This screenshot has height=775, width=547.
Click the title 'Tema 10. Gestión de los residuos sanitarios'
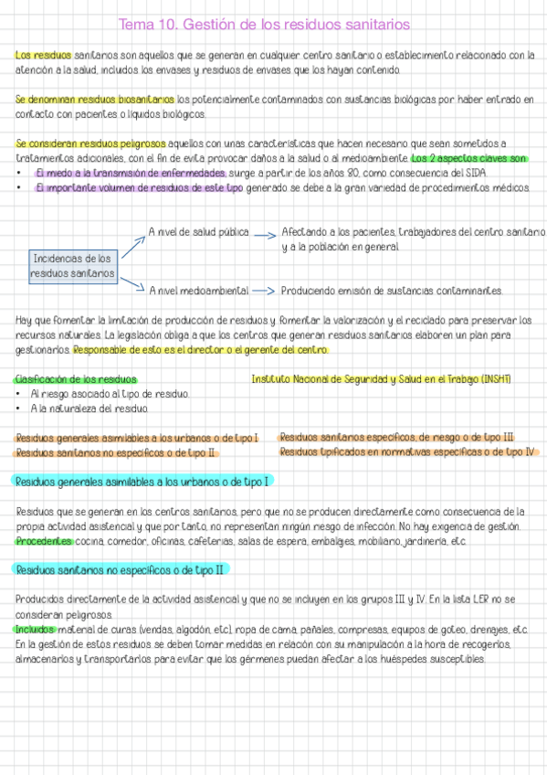coord(264,24)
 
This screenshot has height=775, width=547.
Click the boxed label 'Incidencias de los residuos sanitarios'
coord(72,266)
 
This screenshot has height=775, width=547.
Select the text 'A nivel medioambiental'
coord(199,291)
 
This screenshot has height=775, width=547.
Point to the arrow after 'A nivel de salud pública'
coord(264,234)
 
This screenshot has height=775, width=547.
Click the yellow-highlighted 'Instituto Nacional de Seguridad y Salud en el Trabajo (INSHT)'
coord(381,379)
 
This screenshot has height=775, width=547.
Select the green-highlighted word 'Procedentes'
coord(44,542)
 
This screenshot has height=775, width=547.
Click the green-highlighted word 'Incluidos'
coord(36,630)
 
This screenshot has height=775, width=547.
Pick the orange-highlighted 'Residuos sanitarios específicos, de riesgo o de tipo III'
coord(396,438)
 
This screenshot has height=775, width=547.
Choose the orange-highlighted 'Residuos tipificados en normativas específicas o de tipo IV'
coord(407,451)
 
